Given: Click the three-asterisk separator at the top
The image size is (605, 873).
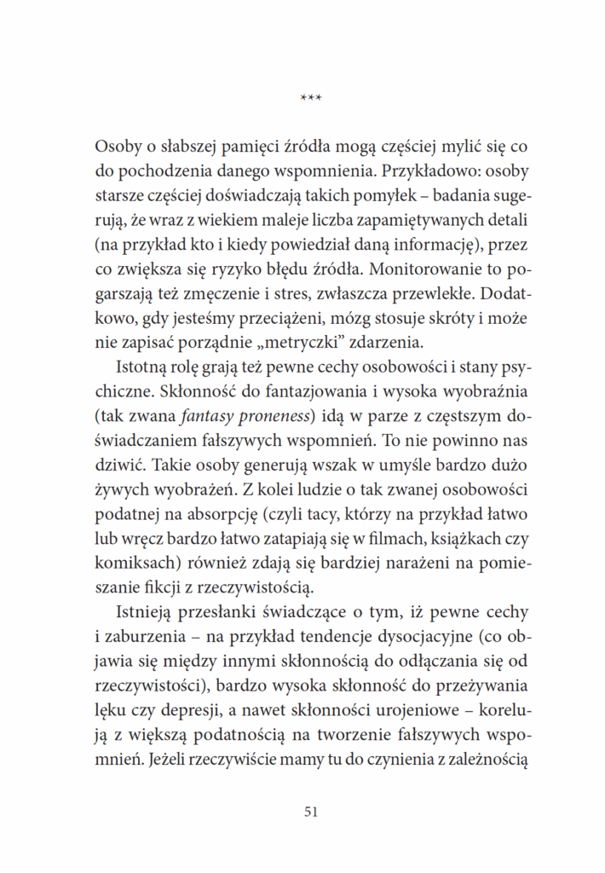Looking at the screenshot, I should coord(310,100).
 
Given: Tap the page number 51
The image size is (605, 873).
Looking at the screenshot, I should coord(310,812).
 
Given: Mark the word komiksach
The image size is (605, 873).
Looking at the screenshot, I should coord(133,567).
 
